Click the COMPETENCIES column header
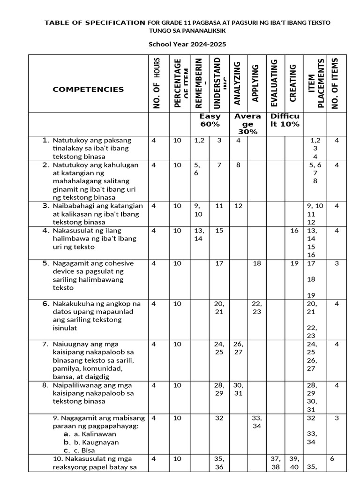click(88, 90)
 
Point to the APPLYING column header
click(256, 83)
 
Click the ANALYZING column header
click(237, 83)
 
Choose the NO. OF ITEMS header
click(335, 83)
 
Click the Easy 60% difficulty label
click(210, 120)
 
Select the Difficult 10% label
click(285, 120)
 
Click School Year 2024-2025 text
click(187, 45)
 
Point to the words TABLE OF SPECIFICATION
click(94, 22)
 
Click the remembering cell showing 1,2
click(199, 140)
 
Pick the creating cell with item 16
click(294, 231)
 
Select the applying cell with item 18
click(257, 263)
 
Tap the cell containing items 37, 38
click(275, 463)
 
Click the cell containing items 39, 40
click(294, 463)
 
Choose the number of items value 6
click(332, 459)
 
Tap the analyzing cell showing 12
click(238, 206)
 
